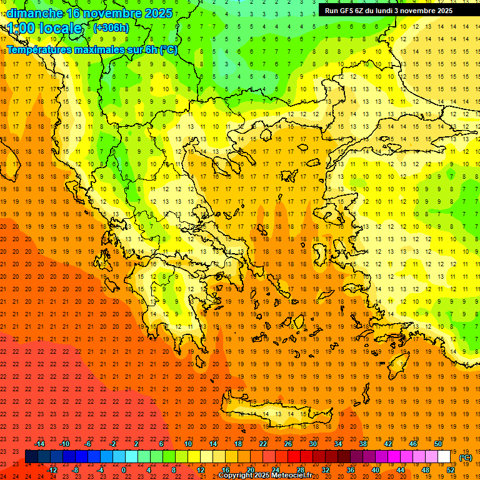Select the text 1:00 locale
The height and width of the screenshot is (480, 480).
44,28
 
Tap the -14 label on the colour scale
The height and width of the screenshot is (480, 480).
39,444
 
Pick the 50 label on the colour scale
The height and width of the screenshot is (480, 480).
437,444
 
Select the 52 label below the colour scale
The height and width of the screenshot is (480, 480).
451,470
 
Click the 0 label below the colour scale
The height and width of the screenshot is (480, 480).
124,470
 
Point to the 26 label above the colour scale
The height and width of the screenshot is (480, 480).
287,444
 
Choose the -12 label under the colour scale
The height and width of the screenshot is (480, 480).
52,470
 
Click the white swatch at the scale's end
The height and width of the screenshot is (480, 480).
444,456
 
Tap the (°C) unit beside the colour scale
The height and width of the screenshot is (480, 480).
466,457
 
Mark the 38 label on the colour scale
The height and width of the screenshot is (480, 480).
362,444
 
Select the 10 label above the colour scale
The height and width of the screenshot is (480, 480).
188,444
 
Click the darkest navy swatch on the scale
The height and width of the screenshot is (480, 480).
31,456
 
